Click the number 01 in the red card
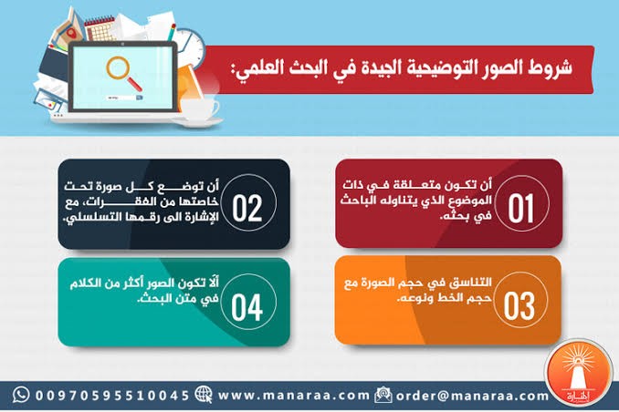[521, 208]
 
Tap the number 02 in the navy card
[247, 208]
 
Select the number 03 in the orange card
[519, 306]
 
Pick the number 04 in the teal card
[247, 307]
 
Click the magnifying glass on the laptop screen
[123, 73]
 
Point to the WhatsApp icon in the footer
[21, 395]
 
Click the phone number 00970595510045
[112, 396]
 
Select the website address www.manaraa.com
[293, 395]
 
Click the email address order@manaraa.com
[472, 396]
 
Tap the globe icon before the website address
[204, 395]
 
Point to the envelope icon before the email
[383, 395]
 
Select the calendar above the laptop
[100, 27]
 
